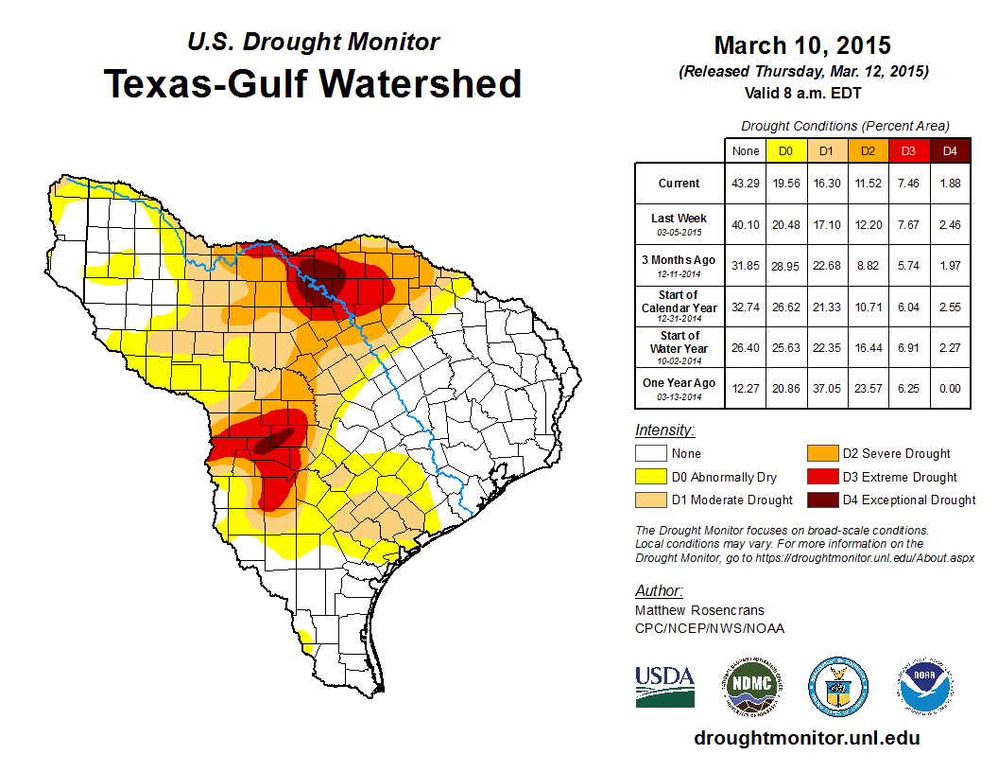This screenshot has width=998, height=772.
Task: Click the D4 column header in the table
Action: tap(950, 150)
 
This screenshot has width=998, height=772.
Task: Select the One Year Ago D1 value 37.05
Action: tap(825, 384)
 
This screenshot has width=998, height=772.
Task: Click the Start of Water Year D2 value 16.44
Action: tap(867, 347)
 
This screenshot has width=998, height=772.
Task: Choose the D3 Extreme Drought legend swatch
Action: tap(821, 477)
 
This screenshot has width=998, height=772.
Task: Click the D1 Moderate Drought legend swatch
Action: tap(651, 500)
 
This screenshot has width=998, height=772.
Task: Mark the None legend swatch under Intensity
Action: tap(651, 454)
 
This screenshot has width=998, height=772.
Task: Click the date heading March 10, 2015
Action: tap(802, 44)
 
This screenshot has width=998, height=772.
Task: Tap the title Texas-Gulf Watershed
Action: tap(313, 83)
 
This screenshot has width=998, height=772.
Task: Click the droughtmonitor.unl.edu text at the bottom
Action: tap(806, 738)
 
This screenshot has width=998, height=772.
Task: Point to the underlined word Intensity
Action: tap(665, 430)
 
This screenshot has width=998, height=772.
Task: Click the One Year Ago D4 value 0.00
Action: tap(950, 384)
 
